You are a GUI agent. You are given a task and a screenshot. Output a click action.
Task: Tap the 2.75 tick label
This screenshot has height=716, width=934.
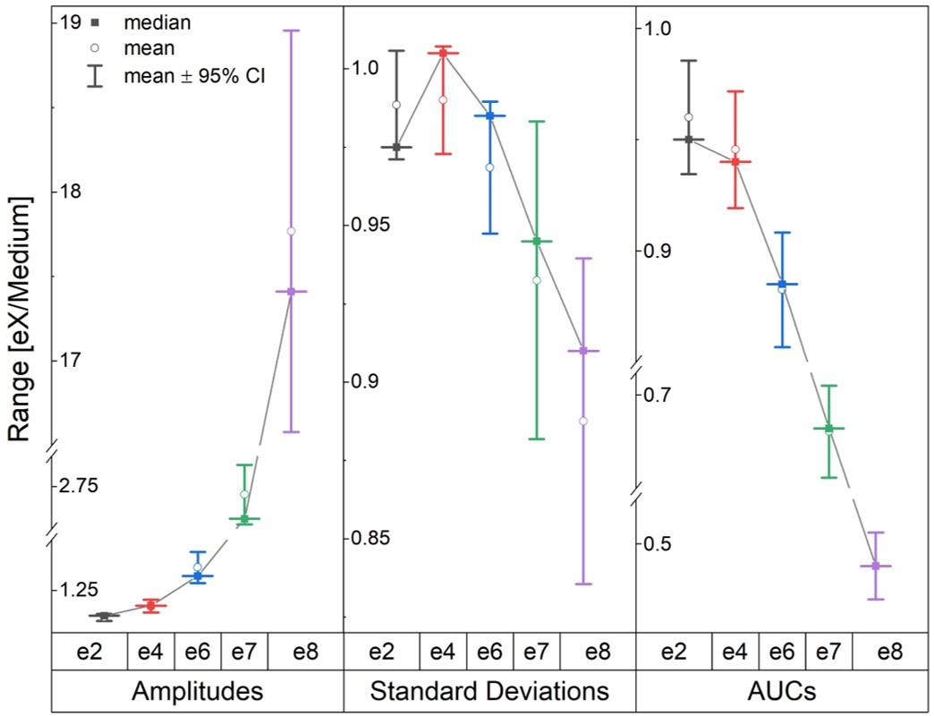coord(79,486)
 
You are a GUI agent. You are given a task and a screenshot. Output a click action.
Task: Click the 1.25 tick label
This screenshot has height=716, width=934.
coord(79,590)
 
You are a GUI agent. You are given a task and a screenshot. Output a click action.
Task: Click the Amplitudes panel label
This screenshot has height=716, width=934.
coord(197,691)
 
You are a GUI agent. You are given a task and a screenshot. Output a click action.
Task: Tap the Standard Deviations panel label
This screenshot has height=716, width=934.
coord(489,691)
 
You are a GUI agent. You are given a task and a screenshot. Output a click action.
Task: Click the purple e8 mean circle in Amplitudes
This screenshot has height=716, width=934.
coord(291,231)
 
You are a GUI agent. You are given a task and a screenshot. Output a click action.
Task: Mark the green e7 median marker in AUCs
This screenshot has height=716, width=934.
coord(828,429)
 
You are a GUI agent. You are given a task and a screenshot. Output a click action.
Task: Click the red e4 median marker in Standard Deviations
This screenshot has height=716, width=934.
coord(443,54)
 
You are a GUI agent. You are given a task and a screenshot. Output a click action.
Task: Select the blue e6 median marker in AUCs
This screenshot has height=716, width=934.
coord(782,285)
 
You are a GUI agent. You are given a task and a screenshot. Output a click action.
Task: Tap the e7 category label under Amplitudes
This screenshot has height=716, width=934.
coord(244,651)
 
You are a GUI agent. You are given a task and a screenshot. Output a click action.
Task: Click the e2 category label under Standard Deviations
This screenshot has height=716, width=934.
coord(381,651)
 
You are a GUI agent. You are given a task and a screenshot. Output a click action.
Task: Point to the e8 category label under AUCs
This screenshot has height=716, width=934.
coord(889,651)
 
